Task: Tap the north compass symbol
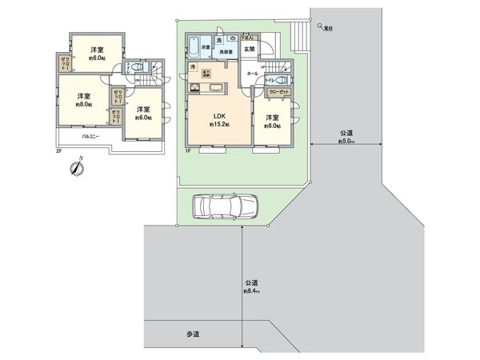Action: click(74, 168)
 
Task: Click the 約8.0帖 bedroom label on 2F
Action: click(84, 99)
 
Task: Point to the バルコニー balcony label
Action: click(90, 137)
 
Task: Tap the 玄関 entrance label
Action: click(249, 49)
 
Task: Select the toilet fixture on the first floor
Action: click(280, 81)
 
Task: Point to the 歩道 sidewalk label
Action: click(192, 333)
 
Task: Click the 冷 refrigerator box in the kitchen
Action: click(193, 67)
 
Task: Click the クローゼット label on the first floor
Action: click(279, 93)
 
